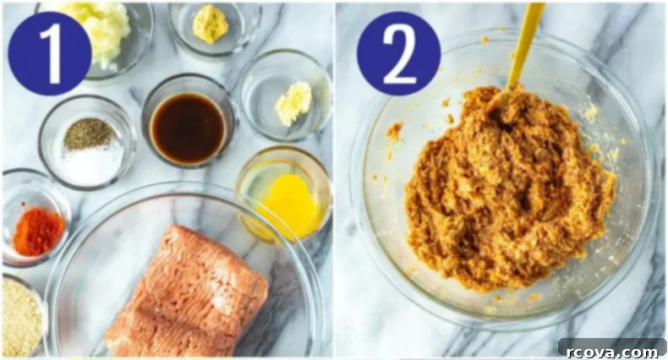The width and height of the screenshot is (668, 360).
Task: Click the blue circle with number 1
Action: [50, 53]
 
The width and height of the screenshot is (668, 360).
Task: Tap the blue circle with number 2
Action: [399, 53]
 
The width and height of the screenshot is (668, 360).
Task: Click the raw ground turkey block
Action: [186, 292]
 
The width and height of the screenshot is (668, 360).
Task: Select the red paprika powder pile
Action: [37, 232]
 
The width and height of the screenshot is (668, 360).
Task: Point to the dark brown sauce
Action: [189, 128]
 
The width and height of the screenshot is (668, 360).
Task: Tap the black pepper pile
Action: [89, 134]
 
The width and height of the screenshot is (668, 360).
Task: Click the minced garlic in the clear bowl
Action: [294, 102]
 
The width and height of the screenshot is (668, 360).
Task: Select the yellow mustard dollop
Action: [210, 24]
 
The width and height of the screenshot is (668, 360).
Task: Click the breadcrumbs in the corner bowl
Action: [21, 318]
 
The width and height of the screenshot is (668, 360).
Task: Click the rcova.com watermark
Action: [612, 351]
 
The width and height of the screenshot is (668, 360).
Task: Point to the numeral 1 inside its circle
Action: [52, 53]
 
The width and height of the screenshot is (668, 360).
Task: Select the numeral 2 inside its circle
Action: [399, 53]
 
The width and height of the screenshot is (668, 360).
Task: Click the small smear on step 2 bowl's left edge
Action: [394, 132]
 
